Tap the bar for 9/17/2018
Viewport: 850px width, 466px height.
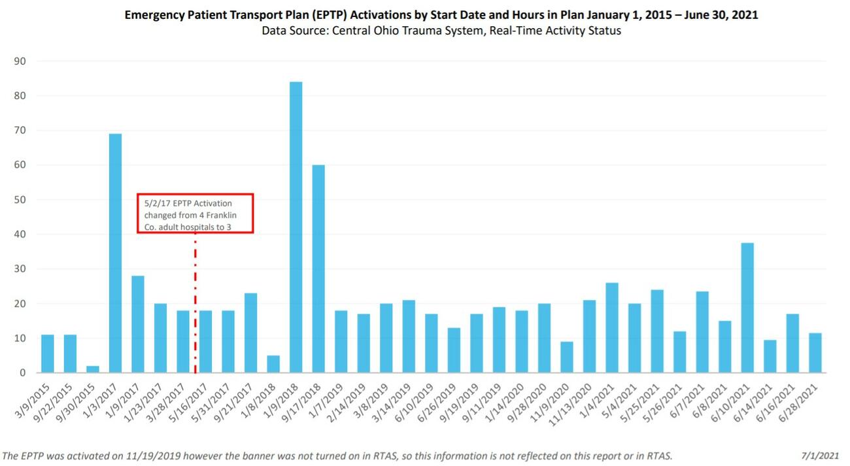318,269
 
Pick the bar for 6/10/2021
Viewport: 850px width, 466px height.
747,307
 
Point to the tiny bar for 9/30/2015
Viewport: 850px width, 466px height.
93,369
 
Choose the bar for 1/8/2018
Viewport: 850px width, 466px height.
273,364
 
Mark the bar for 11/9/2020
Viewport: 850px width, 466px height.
567,357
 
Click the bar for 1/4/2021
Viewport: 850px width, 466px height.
612,327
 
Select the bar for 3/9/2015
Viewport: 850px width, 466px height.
48,354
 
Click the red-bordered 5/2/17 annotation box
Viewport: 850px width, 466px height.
195,213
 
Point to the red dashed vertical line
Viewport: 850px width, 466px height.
195,301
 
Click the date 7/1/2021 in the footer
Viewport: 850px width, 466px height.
822,456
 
